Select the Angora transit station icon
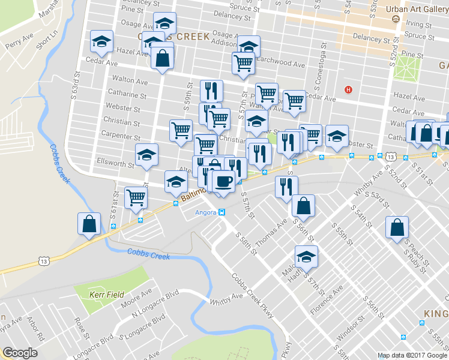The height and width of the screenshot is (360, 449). pos(221,212)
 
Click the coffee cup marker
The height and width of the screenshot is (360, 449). pos(223,181)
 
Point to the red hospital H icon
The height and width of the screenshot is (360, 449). pos(348,90)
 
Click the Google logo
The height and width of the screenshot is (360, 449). pos(20,353)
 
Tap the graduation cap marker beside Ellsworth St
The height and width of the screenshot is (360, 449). pos(146,155)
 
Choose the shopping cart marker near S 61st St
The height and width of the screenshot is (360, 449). pos(136,196)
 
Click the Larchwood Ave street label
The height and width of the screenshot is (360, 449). pos(282,62)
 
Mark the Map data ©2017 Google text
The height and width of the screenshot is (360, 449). pos(412,355)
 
